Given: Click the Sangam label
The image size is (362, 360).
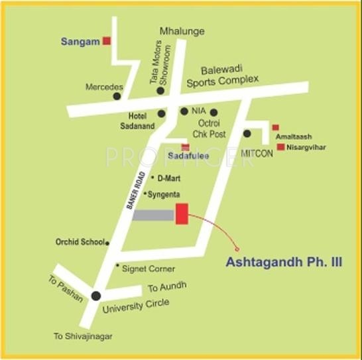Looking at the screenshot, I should tap(80, 41).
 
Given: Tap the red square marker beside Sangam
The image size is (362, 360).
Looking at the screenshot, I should tap(106, 41).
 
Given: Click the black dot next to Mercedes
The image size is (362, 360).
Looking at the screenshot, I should tap(117, 96).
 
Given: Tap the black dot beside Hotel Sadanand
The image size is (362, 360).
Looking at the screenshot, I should tap(161, 113).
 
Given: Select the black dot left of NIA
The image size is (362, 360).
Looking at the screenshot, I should tap(184, 111).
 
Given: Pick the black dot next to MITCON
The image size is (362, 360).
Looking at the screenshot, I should tap(247, 133).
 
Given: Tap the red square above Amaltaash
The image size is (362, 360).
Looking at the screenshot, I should tap(276, 127).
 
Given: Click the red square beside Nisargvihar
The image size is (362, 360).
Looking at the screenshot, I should tap(281, 147).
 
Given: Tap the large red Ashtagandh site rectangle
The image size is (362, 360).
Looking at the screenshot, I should tap(182, 214).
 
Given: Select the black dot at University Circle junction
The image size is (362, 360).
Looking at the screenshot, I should tap(97, 296).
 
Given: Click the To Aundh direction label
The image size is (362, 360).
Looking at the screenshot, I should tap(167, 286).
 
